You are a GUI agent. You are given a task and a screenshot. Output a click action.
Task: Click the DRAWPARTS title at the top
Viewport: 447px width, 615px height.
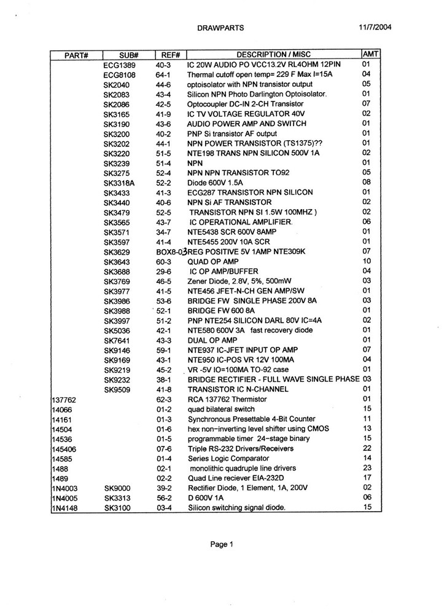tap(221, 28)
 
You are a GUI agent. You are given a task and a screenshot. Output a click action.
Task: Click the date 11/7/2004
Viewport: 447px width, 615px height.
tap(375, 27)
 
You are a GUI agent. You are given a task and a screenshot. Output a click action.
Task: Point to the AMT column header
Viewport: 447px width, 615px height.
tap(372, 54)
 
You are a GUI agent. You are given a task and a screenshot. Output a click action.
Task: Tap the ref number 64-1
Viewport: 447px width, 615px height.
tap(167, 74)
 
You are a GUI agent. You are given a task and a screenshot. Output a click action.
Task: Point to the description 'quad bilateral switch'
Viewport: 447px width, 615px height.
tap(221, 409)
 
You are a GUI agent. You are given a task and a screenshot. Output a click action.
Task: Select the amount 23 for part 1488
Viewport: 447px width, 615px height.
tap(367, 467)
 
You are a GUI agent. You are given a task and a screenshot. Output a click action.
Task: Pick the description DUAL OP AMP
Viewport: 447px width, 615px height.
tap(212, 340)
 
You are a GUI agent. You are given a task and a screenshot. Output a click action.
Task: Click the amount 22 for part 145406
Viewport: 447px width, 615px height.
tap(367, 448)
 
